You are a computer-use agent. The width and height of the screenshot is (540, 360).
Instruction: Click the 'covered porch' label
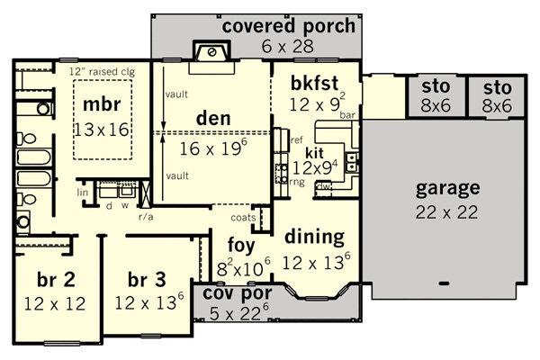point(289,26)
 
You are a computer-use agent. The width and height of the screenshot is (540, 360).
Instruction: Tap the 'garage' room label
point(447,189)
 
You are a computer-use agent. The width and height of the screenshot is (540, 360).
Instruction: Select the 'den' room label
point(213,118)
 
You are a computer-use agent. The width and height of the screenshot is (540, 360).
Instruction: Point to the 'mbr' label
point(102,104)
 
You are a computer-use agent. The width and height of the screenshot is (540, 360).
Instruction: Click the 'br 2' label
point(56,279)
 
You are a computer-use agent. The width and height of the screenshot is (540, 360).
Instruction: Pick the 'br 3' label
point(147,279)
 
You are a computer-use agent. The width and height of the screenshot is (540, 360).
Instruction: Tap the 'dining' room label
point(315,238)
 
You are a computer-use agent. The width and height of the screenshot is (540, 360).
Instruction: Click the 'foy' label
point(241,246)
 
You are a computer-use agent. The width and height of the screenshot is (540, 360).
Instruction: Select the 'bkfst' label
point(315,83)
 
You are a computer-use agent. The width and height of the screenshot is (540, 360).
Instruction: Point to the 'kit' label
point(314,153)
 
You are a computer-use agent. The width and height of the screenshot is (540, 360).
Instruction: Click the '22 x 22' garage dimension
point(446,212)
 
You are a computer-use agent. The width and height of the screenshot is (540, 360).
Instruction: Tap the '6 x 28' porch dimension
point(288,46)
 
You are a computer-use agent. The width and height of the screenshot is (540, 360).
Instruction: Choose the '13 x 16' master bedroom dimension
point(102,130)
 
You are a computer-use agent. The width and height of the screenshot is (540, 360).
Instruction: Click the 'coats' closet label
point(243,218)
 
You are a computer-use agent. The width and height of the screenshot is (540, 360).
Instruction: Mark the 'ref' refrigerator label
point(297,139)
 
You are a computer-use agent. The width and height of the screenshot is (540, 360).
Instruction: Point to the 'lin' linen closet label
point(83,193)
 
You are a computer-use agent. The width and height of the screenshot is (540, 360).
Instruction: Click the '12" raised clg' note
point(103,72)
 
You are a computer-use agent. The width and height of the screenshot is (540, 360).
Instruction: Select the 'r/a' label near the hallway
point(146,217)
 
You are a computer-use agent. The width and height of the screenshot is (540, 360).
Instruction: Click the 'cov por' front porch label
point(238,293)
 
